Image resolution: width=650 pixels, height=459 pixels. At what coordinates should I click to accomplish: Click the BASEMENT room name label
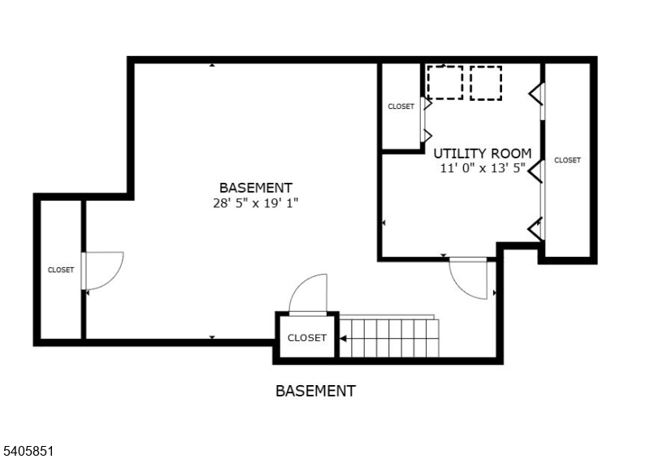[255, 188]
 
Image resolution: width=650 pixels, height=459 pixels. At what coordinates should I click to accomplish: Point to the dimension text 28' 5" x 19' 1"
[255, 203]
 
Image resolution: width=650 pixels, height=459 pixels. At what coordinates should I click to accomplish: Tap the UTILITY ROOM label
[482, 153]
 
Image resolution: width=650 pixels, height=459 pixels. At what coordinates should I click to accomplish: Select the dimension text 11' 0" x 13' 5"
[482, 168]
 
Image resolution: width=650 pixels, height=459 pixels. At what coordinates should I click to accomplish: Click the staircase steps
[388, 337]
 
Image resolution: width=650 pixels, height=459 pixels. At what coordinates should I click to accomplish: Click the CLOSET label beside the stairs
[307, 338]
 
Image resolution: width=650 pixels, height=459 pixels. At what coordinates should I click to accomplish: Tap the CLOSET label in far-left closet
[61, 270]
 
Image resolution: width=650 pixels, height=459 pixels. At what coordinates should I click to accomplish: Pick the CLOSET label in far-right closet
[567, 160]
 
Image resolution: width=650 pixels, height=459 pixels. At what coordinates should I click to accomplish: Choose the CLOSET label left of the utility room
[401, 106]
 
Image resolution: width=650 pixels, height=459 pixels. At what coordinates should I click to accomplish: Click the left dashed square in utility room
[444, 82]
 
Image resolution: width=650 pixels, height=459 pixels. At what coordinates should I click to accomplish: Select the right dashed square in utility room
[486, 82]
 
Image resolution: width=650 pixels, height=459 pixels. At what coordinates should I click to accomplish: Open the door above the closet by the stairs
[309, 294]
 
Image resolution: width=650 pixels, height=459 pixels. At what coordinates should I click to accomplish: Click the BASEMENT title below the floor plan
[315, 391]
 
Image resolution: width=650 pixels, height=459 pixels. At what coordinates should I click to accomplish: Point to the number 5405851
[27, 448]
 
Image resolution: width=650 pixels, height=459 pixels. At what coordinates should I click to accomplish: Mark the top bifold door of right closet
[537, 95]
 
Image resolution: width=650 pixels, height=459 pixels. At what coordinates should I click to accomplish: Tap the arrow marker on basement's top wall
[212, 64]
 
